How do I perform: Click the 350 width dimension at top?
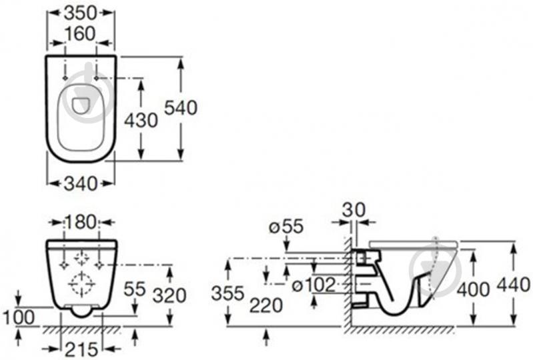(81, 13)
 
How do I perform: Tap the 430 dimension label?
(141, 120)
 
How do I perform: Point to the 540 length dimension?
(181, 107)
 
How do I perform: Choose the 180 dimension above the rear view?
(81, 222)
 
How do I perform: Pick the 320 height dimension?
(169, 294)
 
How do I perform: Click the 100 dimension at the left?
(17, 317)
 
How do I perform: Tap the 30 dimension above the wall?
(354, 209)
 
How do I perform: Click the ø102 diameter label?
(312, 285)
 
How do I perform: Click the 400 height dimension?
(472, 288)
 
